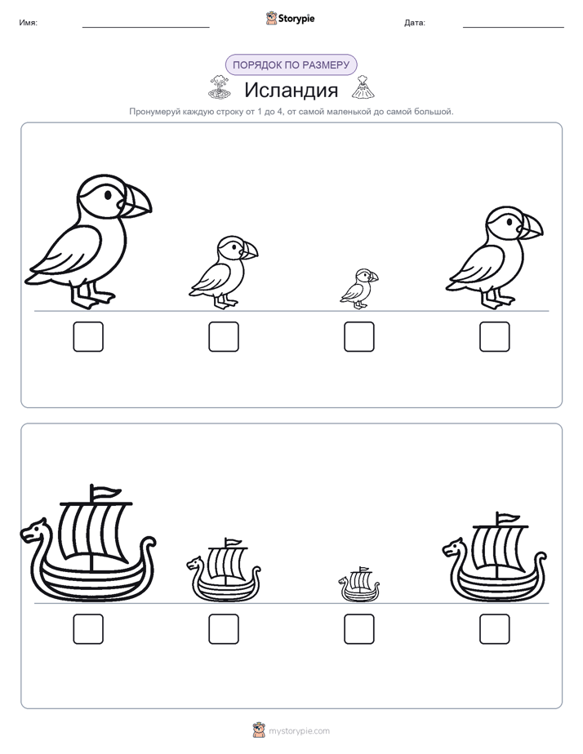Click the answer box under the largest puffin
coord(88,336)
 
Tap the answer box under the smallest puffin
coord(358,336)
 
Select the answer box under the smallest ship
coord(358,629)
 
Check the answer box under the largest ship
coord(88,629)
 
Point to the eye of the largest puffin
coord(108,195)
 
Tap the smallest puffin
coord(358,289)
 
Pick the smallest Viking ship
coord(358,585)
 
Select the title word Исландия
coord(291,90)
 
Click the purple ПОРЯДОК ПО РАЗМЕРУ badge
coord(291,65)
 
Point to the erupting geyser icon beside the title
coord(220,87)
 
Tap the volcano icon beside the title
coord(363,87)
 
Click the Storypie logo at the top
coord(290,18)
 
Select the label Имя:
coord(29,23)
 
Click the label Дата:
coord(415,23)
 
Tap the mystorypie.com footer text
coord(299,731)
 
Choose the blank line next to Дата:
coord(514,27)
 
